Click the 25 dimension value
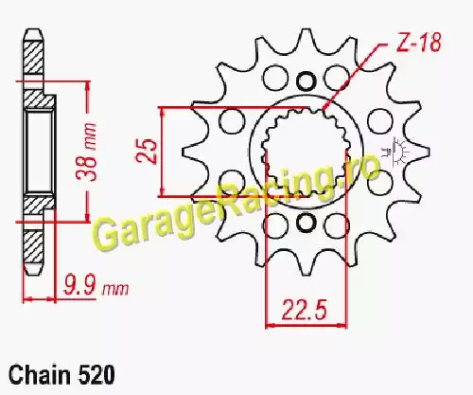(x=147, y=151)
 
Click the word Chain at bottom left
(x=40, y=375)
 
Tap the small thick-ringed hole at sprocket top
(x=306, y=81)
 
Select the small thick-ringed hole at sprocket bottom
(x=306, y=223)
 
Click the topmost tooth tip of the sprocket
(x=305, y=30)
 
